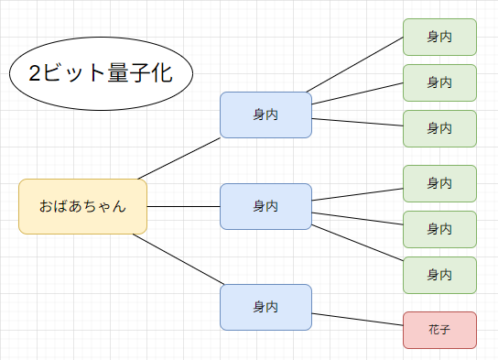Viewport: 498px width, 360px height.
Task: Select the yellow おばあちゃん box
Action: [82, 207]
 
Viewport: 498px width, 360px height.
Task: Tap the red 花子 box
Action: [439, 330]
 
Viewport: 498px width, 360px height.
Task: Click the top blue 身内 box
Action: [265, 115]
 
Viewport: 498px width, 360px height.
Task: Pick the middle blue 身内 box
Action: [265, 206]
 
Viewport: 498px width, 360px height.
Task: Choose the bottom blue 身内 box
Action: [265, 307]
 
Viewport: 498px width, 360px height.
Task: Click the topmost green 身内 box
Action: [439, 38]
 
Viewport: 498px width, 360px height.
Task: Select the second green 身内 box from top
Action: [439, 82]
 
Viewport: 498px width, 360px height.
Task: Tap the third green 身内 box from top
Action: [439, 128]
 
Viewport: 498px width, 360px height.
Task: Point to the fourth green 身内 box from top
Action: [439, 183]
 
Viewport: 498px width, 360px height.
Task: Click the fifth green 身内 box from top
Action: [439, 229]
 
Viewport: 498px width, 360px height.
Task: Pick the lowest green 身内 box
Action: [439, 275]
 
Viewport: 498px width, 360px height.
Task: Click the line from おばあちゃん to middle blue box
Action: [183, 206]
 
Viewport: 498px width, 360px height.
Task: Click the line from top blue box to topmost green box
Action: [355, 65]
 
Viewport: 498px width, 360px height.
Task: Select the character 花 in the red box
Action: [433, 330]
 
